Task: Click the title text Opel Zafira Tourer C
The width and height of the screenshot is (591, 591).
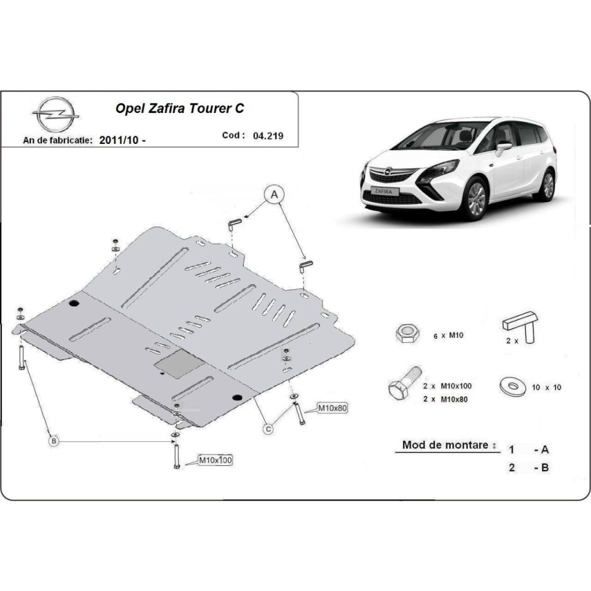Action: (x=179, y=109)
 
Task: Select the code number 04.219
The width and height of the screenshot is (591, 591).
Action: (x=268, y=136)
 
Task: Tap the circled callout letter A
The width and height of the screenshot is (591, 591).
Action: (x=274, y=194)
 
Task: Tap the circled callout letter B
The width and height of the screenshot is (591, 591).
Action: (x=54, y=441)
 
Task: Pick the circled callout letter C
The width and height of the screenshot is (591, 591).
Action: (x=268, y=429)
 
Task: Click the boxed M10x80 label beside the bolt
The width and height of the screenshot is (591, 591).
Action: (x=332, y=408)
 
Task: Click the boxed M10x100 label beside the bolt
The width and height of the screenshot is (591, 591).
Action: (x=215, y=460)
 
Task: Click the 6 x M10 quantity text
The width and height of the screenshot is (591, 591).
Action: (x=448, y=335)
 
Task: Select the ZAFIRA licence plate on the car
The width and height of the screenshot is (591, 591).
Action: (x=383, y=191)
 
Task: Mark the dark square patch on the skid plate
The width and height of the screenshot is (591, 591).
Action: (x=179, y=363)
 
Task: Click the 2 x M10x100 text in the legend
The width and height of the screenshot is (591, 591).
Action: (x=447, y=386)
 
